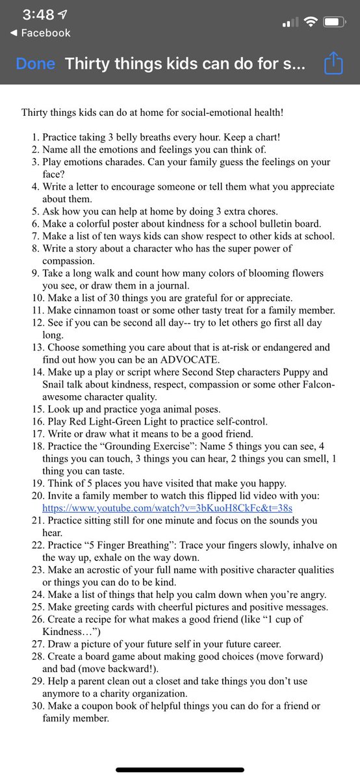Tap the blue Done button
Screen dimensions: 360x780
pyautogui.click(x=36, y=64)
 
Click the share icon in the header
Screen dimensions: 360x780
pyautogui.click(x=332, y=64)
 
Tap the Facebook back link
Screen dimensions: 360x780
pyautogui.click(x=40, y=32)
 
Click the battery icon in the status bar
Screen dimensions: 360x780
pyautogui.click(x=334, y=22)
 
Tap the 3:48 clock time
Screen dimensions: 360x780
pyautogui.click(x=37, y=14)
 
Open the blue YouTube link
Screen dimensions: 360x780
pyautogui.click(x=168, y=508)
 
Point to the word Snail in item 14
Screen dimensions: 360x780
pyautogui.click(x=54, y=384)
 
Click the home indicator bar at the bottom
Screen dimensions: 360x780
pyautogui.click(x=180, y=770)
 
